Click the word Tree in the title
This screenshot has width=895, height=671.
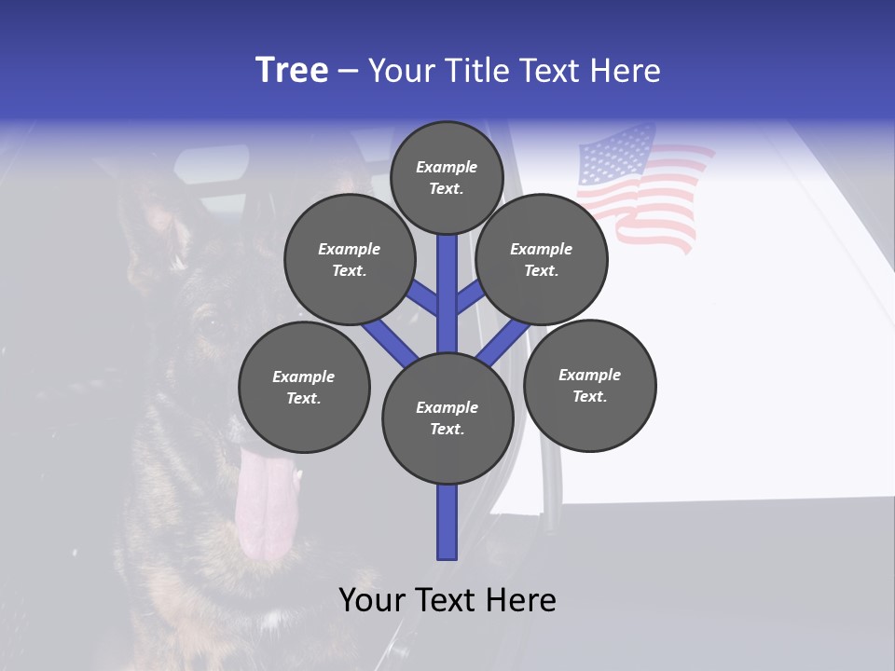click(x=292, y=71)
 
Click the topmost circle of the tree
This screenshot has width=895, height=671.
click(x=447, y=177)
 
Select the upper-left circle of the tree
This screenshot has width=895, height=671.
click(x=349, y=260)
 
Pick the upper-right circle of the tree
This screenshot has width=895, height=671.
click(x=542, y=260)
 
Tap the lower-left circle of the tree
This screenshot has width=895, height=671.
click(x=304, y=387)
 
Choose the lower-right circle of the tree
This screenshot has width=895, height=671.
click(x=589, y=385)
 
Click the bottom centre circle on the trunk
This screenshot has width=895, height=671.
click(x=447, y=418)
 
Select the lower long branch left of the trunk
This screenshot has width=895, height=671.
click(x=390, y=341)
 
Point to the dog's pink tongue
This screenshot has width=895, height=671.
click(x=260, y=503)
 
